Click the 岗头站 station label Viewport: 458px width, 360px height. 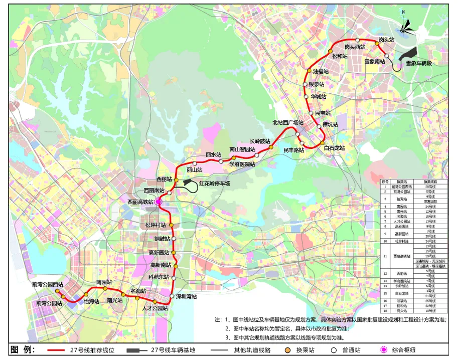pyautogui.click(x=387, y=39)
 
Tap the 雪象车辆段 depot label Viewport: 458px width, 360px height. pyautogui.click(x=419, y=63)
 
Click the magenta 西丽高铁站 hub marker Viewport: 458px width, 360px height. pyautogui.click(x=158, y=202)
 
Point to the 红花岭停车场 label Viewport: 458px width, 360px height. pyautogui.click(x=214, y=184)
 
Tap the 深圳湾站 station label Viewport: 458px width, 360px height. pyautogui.click(x=186, y=296)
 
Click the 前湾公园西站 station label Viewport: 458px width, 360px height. pyautogui.click(x=50, y=284)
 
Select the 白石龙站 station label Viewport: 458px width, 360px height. pyautogui.click(x=334, y=148)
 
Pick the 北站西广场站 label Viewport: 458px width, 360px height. pyautogui.click(x=288, y=122)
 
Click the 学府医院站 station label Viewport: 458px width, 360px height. pyautogui.click(x=242, y=164)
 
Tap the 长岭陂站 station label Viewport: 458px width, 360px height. pyautogui.click(x=260, y=141)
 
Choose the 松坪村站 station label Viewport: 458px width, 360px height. pyautogui.click(x=156, y=225)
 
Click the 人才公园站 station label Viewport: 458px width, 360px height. pyautogui.click(x=155, y=308)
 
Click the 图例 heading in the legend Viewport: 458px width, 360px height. pyautogui.click(x=22, y=349)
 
